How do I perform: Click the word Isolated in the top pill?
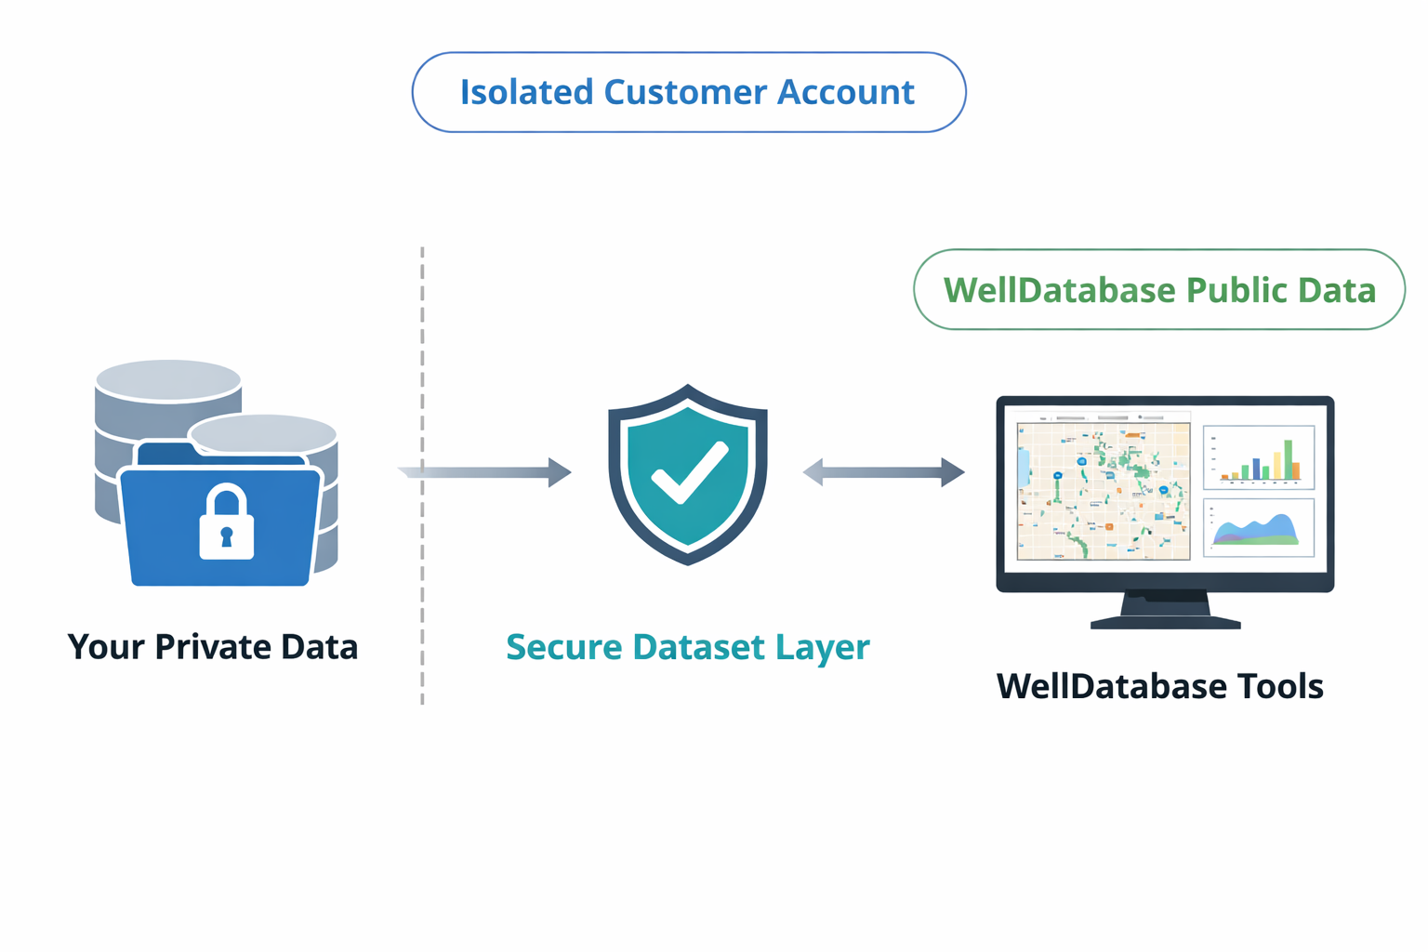tap(526, 92)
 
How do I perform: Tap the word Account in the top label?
tap(845, 92)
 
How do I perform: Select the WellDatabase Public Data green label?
tap(1158, 290)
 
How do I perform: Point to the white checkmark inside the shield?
tap(689, 472)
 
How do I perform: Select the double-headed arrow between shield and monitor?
tap(883, 472)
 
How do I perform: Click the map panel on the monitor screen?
tap(1103, 491)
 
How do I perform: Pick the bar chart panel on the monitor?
tap(1258, 457)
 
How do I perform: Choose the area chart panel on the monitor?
tap(1258, 527)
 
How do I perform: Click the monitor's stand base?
tap(1165, 621)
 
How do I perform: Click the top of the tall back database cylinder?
tap(168, 379)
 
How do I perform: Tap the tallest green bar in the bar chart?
tap(1288, 459)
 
